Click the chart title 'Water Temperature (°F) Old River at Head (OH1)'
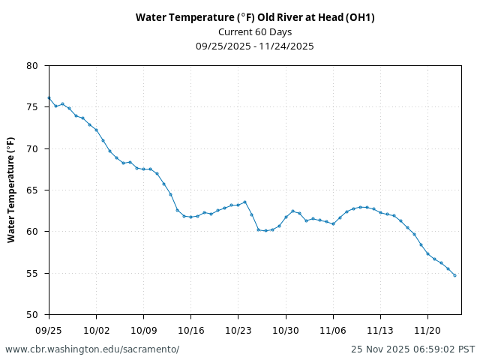pyautogui.click(x=255, y=17)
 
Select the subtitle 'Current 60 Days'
pyautogui.click(x=255, y=31)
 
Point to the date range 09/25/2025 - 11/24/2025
pyautogui.click(x=255, y=46)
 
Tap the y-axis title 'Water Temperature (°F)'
pyautogui.click(x=11, y=190)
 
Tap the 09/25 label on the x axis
pyautogui.click(x=49, y=329)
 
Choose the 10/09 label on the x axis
pyautogui.click(x=143, y=329)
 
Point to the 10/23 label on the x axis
pyautogui.click(x=238, y=329)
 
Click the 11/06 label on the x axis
pyautogui.click(x=333, y=329)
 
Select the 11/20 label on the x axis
pyautogui.click(x=427, y=329)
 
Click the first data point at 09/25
pyautogui.click(x=49, y=97)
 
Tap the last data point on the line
pyautogui.click(x=454, y=275)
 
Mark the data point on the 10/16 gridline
pyautogui.click(x=190, y=217)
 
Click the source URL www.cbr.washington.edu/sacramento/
pyautogui.click(x=92, y=349)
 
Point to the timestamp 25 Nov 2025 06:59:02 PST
pyautogui.click(x=412, y=349)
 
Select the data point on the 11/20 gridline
pyautogui.click(x=427, y=253)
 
